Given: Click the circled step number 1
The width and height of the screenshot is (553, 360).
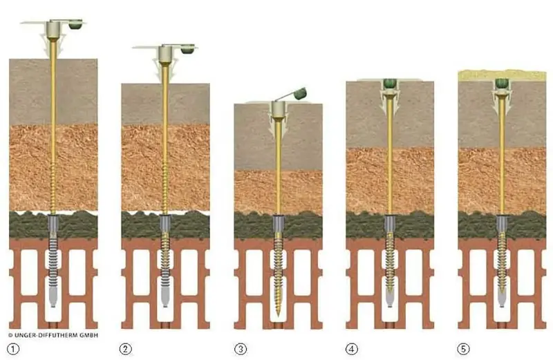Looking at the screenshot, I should point(13,348).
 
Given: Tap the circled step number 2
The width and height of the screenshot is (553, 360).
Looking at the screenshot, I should point(125,348).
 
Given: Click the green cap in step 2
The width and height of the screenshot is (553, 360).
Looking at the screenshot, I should point(187,49).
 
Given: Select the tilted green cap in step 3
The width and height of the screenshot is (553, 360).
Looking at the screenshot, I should point(299,92).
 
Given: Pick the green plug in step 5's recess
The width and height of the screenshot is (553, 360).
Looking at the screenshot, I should point(502,84).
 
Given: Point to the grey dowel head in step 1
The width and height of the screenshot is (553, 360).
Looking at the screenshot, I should point(53,30).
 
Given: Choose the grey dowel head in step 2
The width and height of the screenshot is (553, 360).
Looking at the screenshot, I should point(165,54).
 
